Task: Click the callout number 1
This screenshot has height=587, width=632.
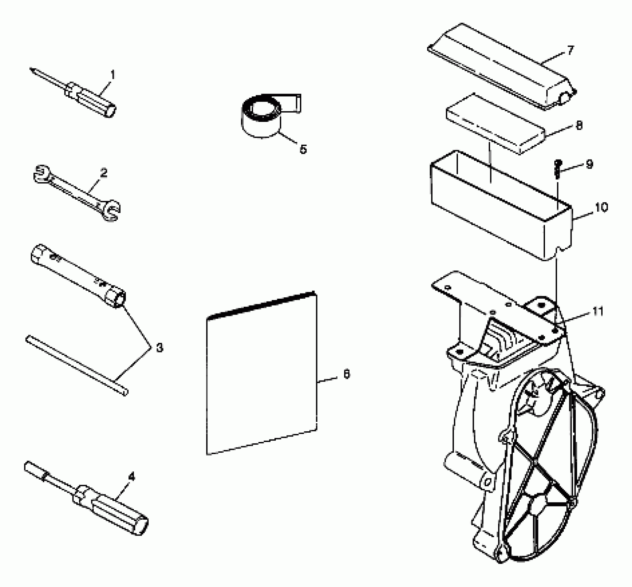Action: click(x=113, y=75)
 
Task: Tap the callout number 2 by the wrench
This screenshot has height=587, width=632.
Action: click(x=104, y=173)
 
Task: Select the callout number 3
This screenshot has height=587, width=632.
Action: click(x=159, y=348)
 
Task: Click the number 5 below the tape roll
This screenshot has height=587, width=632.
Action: click(x=303, y=150)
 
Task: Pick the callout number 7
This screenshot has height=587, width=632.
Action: click(x=570, y=50)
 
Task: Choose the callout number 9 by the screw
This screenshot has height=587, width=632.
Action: click(x=589, y=164)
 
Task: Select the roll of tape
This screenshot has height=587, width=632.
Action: click(x=262, y=117)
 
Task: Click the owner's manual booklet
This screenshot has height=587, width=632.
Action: click(x=261, y=373)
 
